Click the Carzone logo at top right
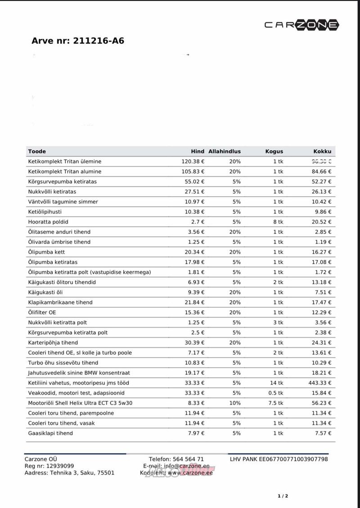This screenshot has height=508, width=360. tap(301, 26)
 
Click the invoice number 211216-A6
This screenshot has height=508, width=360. tap(97, 41)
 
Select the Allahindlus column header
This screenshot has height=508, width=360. tap(225, 152)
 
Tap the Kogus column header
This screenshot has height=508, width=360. tap(274, 152)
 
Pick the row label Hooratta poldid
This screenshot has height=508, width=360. tap(48, 222)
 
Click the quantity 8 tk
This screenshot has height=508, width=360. tap(278, 222)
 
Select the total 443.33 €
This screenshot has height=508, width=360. tap(319, 383)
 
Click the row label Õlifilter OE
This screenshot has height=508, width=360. tap(42, 312)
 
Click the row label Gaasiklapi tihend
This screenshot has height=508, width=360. tap(50, 433)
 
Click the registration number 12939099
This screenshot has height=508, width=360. tap(59, 466)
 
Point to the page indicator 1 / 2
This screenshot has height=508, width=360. tap(283, 496)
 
